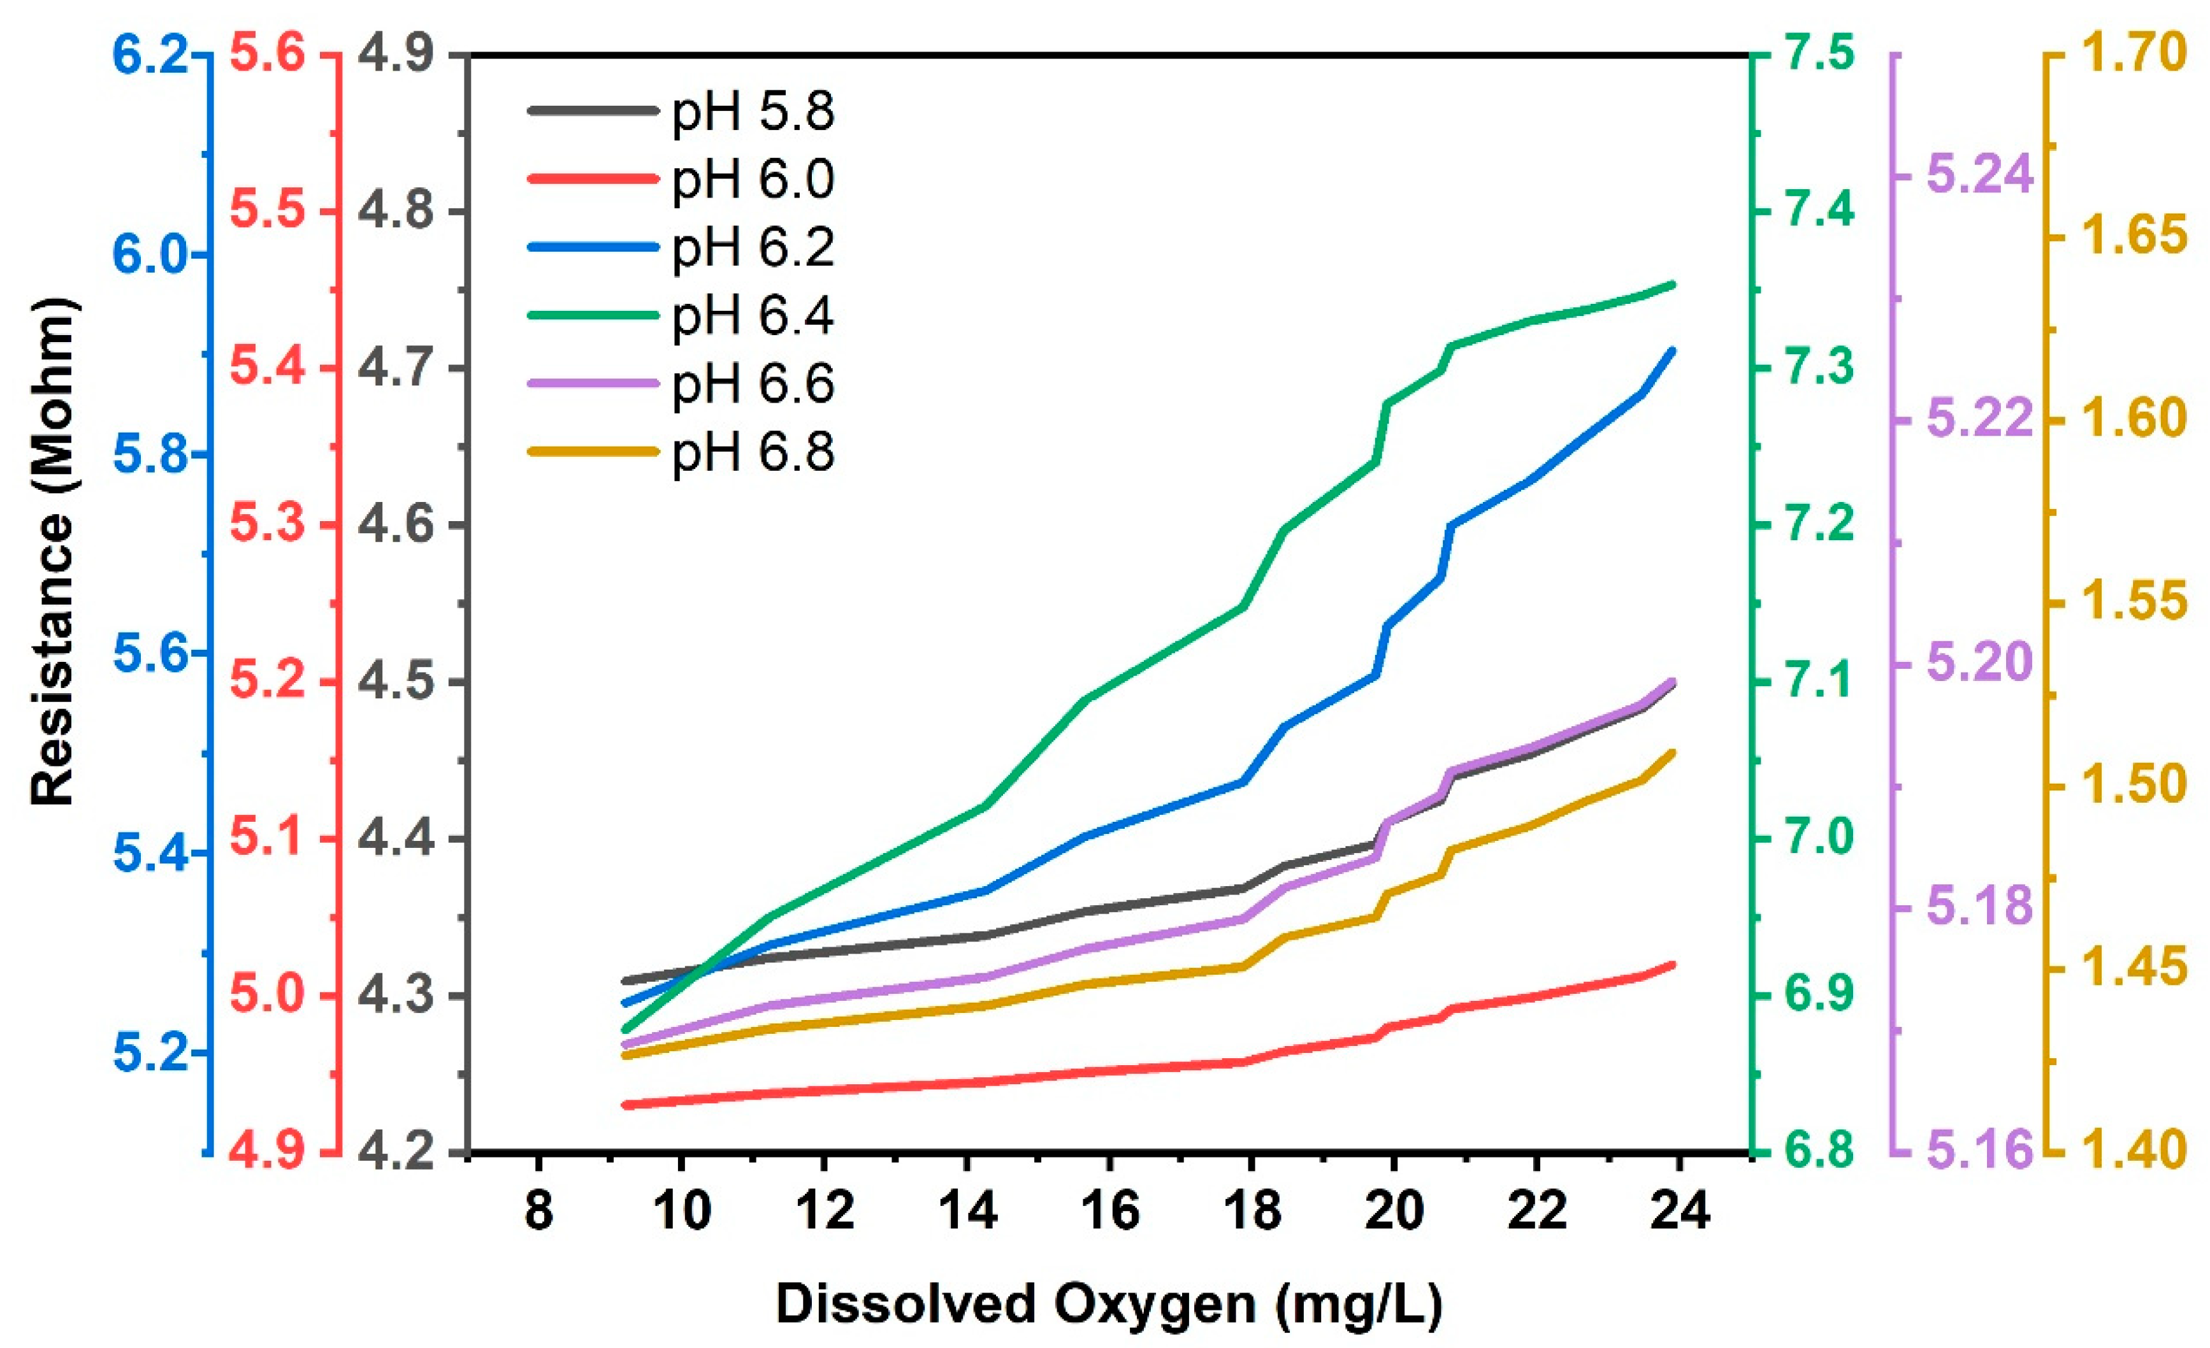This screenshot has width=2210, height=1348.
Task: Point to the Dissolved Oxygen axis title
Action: pos(1109,1302)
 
